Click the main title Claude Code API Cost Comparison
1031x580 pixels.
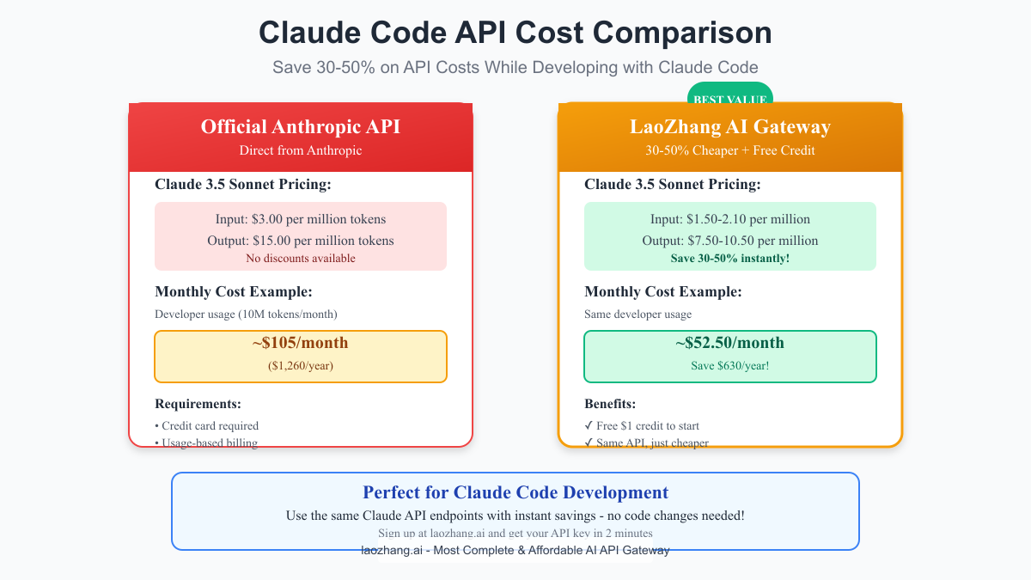click(x=515, y=33)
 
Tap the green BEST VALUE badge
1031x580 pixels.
click(x=729, y=97)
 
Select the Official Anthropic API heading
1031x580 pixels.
click(x=301, y=127)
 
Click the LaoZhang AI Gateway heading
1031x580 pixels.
click(x=730, y=127)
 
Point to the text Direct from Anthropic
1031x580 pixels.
click(x=301, y=150)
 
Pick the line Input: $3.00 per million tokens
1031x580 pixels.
click(x=301, y=219)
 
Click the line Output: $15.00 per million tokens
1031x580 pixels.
click(x=301, y=241)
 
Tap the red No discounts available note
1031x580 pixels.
click(x=301, y=258)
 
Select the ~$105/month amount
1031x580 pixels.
click(x=301, y=343)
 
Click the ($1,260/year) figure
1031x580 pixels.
click(x=301, y=366)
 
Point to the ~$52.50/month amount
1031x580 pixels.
click(x=730, y=343)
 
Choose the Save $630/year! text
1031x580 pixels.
click(x=730, y=366)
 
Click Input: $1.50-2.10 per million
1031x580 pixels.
click(x=730, y=219)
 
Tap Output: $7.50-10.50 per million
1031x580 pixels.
click(x=730, y=241)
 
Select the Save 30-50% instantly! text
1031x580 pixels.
click(x=730, y=258)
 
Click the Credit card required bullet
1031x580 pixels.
click(x=210, y=425)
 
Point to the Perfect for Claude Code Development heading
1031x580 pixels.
click(x=515, y=492)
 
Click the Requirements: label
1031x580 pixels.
click(x=198, y=404)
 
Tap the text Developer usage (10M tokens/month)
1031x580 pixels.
click(x=246, y=314)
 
